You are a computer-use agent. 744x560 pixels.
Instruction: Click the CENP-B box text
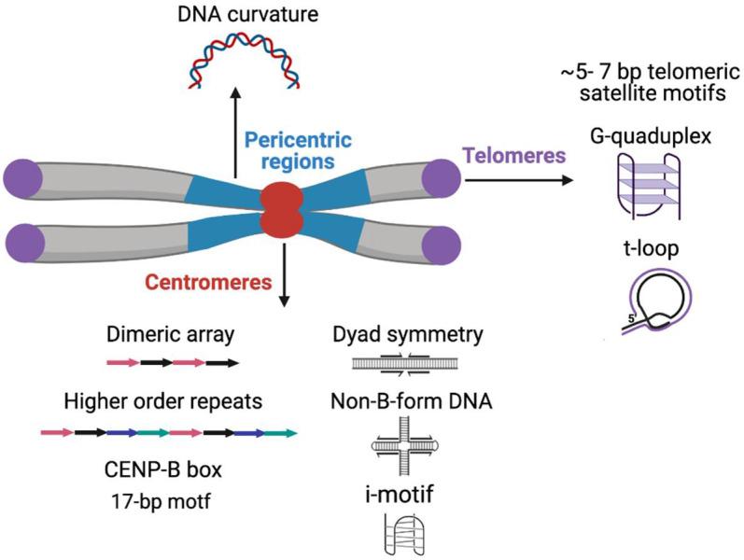coord(148,467)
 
